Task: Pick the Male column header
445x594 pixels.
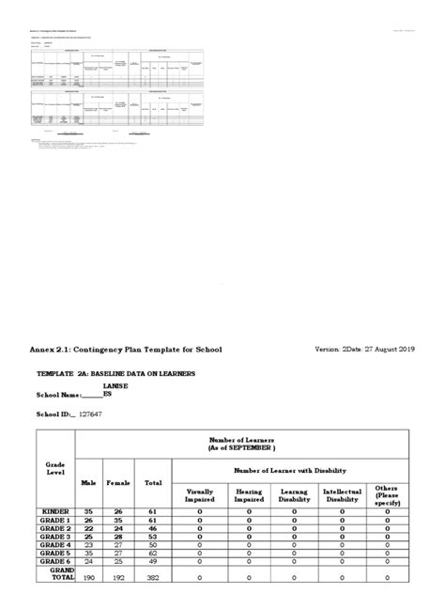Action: [x=89, y=483]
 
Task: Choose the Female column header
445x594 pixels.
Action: [x=119, y=483]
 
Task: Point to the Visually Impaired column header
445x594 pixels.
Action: [x=200, y=495]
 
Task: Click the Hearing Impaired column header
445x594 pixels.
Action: [x=249, y=495]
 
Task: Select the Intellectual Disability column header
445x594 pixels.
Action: [x=342, y=495]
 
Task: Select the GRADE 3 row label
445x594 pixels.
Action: [x=54, y=537]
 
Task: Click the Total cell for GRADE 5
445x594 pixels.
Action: [x=152, y=554]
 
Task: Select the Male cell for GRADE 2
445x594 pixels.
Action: [x=89, y=528]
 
